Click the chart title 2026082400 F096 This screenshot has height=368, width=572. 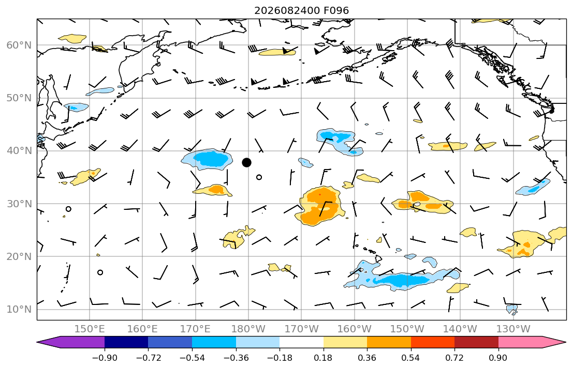click(x=301, y=10)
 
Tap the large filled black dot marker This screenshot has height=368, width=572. click(x=246, y=162)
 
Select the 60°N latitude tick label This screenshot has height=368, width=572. click(x=19, y=45)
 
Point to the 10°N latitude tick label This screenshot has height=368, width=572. click(x=19, y=310)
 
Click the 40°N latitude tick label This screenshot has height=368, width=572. click(x=19, y=151)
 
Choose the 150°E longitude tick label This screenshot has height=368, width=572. click(x=90, y=329)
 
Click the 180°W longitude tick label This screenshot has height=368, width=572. click(x=248, y=329)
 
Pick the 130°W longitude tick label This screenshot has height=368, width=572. click(x=514, y=329)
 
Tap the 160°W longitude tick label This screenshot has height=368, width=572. click(x=354, y=329)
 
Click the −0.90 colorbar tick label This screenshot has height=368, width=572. click(x=105, y=358)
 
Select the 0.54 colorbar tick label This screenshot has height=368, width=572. click(x=411, y=358)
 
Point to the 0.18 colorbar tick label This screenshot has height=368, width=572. click(x=323, y=358)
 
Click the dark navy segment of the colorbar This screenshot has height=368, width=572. click(x=126, y=342)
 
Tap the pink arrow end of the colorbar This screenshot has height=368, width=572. click(x=531, y=342)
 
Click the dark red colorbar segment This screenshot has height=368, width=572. click(x=476, y=342)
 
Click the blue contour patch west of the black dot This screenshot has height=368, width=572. click(x=207, y=159)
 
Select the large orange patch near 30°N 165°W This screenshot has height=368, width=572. click(x=321, y=206)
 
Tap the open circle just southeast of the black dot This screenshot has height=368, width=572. click(x=259, y=177)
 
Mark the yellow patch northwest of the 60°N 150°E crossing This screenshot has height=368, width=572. click(x=72, y=38)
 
